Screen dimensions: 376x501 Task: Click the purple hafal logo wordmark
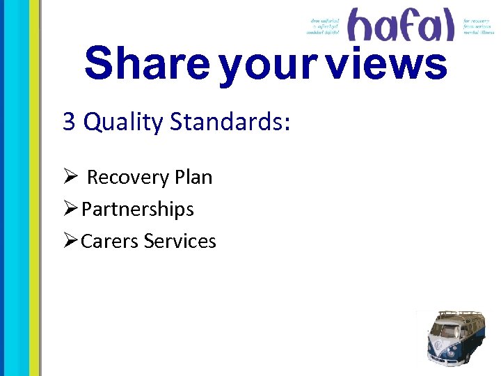[x=401, y=25]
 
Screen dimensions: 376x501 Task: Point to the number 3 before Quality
[x=69, y=122]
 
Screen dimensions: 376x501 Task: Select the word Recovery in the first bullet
[x=129, y=178]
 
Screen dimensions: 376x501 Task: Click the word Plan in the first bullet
[x=193, y=178]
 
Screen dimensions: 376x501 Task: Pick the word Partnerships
[x=138, y=210]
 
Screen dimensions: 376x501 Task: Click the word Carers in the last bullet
[x=110, y=242]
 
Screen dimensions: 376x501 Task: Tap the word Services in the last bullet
[x=180, y=242]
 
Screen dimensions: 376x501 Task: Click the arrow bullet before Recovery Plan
[x=70, y=178]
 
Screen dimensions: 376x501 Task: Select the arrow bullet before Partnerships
[x=70, y=210]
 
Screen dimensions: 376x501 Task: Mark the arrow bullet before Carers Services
[x=70, y=242]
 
